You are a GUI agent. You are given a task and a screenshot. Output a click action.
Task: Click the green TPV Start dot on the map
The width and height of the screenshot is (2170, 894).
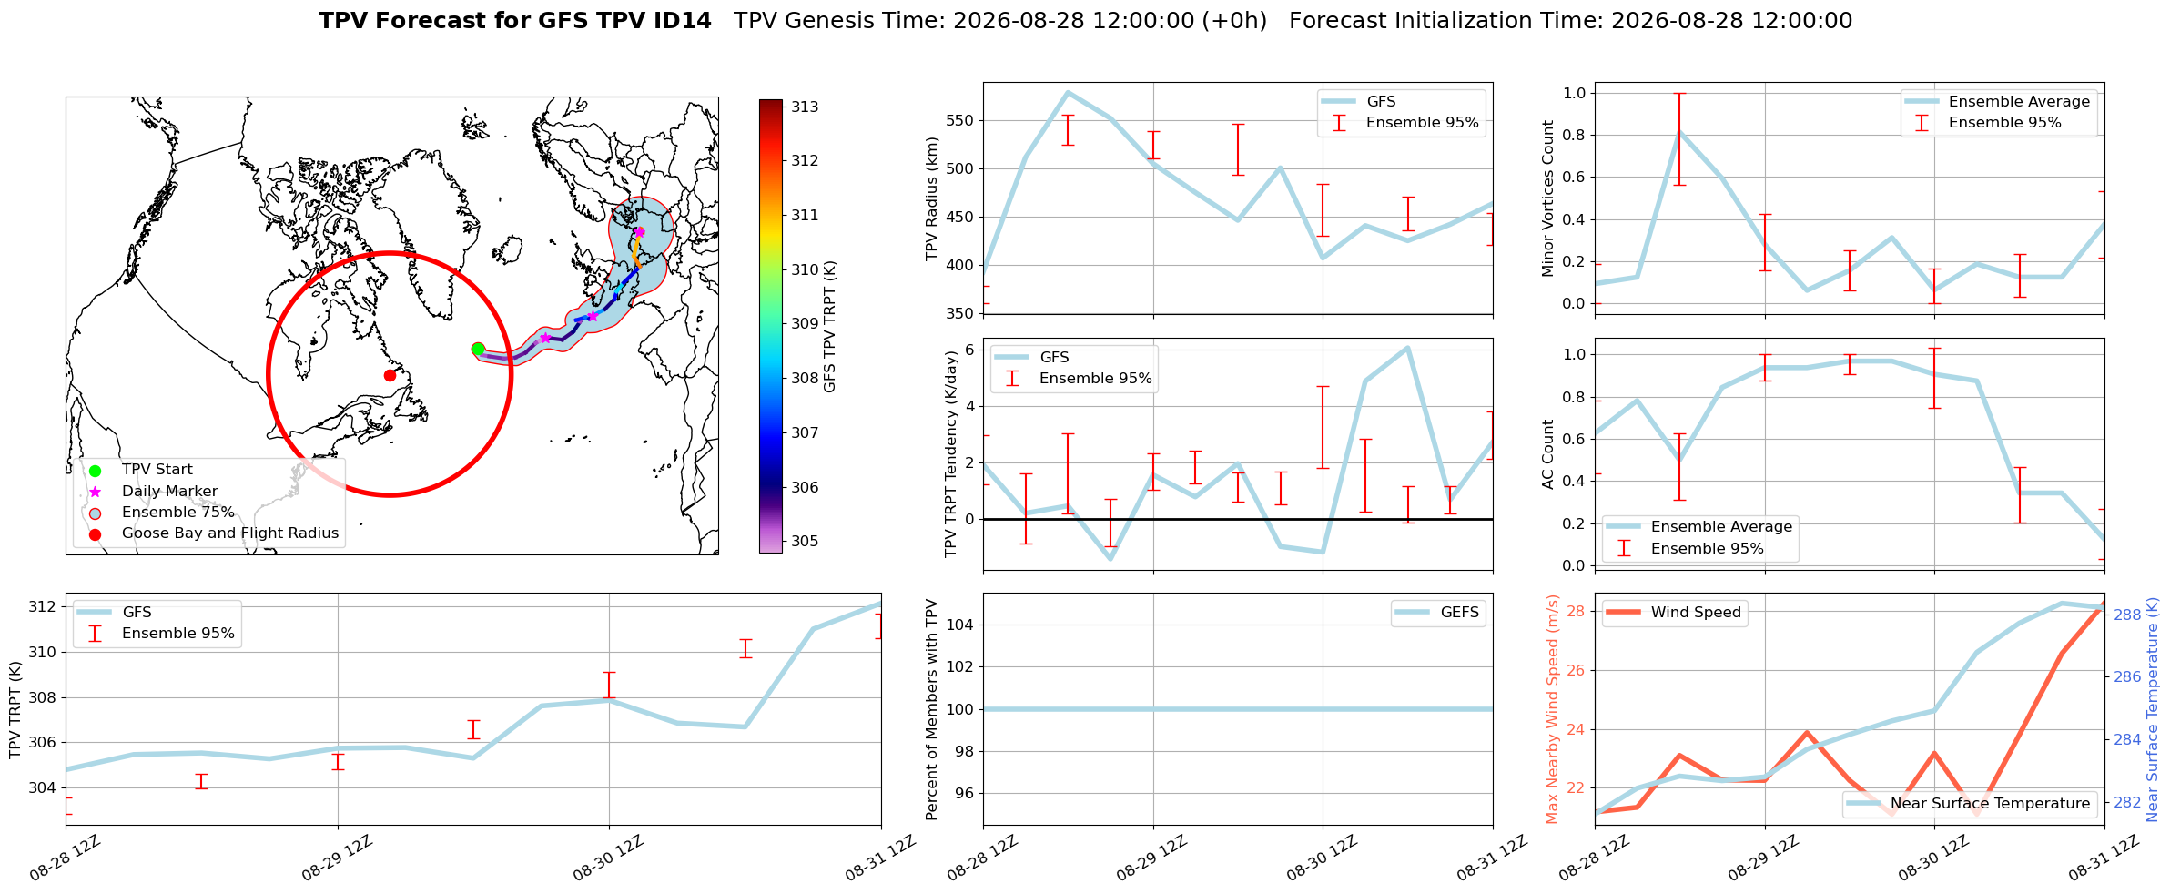tap(478, 350)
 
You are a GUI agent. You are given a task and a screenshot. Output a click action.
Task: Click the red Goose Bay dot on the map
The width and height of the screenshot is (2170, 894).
tap(390, 375)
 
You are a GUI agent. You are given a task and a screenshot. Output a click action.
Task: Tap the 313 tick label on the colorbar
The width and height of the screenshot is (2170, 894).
tap(805, 107)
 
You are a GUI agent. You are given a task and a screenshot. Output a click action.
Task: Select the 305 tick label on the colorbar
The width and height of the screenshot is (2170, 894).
tap(805, 541)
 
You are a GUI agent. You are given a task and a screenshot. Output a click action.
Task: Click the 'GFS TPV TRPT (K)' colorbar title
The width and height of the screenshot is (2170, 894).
tap(829, 327)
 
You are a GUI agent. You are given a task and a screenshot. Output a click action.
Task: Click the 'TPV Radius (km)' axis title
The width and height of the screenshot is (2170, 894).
tap(931, 199)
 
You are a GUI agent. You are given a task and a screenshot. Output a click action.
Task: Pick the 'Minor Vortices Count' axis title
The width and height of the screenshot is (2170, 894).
tap(1548, 198)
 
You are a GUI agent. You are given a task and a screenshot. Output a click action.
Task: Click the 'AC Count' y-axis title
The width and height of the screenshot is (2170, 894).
tap(1548, 454)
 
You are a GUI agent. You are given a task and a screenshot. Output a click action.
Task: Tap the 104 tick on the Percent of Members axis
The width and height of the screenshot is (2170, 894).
tap(961, 625)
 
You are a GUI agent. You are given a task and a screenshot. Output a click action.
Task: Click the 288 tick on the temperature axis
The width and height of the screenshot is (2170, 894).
tap(2127, 615)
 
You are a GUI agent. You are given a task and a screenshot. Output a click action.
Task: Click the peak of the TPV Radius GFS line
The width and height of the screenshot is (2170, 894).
tap(1068, 92)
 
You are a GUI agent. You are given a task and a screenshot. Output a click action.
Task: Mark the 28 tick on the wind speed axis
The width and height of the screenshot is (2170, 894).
tap(1576, 611)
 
